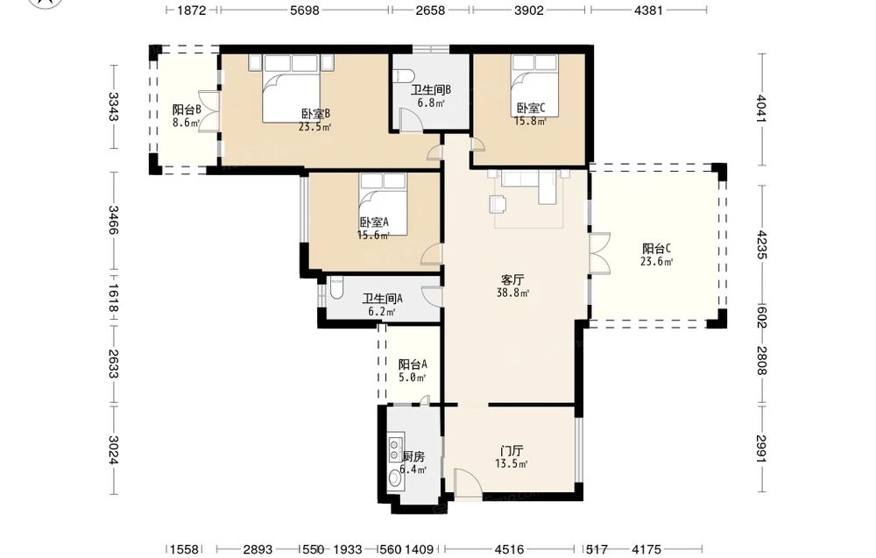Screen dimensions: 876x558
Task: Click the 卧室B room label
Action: [315, 113]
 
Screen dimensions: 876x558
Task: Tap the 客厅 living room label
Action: [512, 279]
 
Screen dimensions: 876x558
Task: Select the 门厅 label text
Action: [512, 451]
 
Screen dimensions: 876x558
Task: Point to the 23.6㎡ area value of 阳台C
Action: [656, 261]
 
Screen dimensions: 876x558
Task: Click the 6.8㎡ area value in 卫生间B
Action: [431, 102]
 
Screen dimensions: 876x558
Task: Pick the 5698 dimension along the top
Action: [305, 10]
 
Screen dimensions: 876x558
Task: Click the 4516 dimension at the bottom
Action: [509, 549]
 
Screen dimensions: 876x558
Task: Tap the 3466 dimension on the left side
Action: [113, 220]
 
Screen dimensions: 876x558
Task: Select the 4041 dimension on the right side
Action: [761, 109]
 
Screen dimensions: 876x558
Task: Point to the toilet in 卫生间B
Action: [403, 74]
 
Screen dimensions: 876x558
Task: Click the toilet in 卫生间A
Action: [336, 289]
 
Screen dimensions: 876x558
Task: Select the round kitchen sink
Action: [395, 478]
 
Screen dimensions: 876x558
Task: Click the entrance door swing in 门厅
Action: [468, 484]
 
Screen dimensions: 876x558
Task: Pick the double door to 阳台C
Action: [599, 252]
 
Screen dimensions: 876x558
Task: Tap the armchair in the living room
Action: [498, 204]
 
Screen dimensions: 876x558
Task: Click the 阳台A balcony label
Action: [413, 364]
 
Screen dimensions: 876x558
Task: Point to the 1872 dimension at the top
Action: [192, 10]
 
